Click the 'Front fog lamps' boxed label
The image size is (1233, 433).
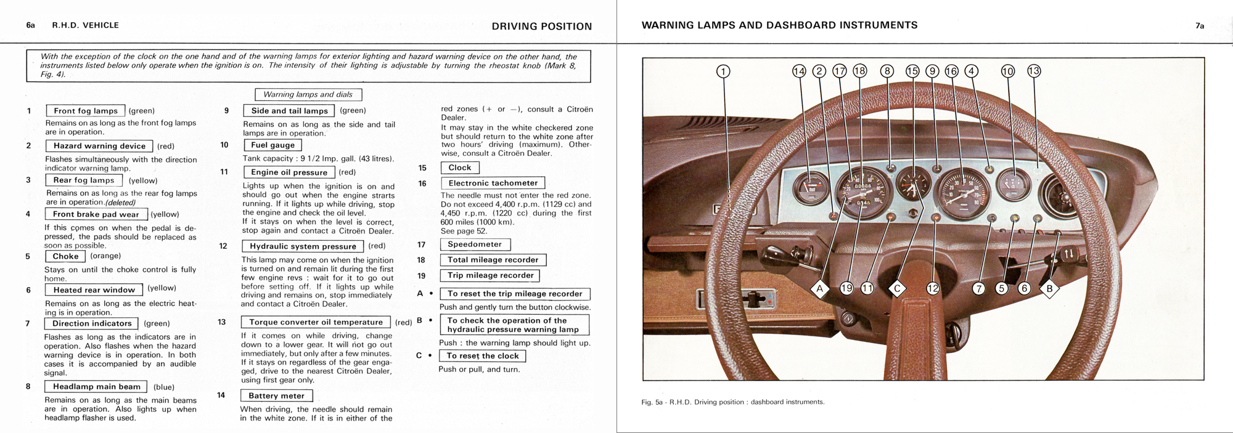(x=86, y=111)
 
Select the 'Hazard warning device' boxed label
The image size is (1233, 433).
(x=99, y=146)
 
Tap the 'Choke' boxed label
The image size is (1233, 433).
(x=65, y=256)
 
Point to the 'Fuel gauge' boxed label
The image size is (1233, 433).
(x=272, y=145)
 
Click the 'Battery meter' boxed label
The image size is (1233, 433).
(x=276, y=395)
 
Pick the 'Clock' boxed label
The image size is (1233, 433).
(x=460, y=168)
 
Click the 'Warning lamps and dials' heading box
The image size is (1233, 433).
(x=308, y=94)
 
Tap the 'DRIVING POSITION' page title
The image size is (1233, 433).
(x=541, y=26)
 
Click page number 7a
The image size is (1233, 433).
(x=1200, y=26)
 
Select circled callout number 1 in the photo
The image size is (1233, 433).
(x=723, y=71)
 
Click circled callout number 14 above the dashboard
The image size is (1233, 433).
(x=799, y=71)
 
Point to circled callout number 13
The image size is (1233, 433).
(x=1034, y=71)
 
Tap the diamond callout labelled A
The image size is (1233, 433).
(x=819, y=288)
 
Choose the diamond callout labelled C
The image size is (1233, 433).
(x=897, y=288)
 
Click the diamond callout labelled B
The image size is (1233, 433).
(x=1049, y=288)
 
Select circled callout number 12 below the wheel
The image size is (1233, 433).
(x=933, y=288)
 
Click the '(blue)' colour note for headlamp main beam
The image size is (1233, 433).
(x=164, y=387)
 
